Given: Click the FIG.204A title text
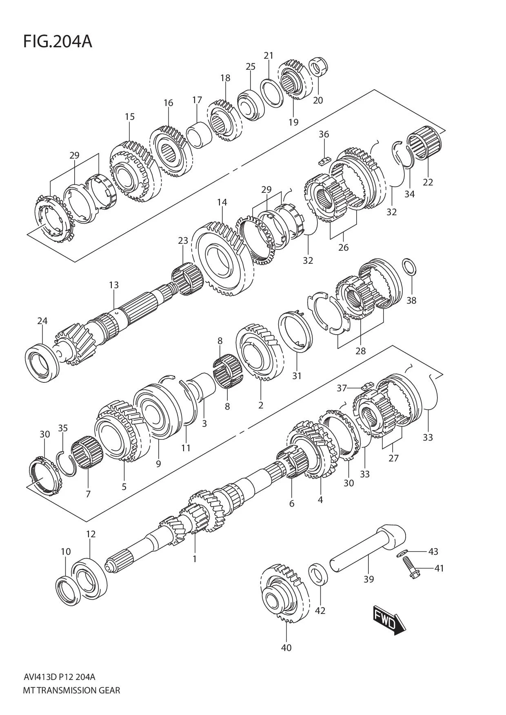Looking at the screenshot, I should pos(58,42).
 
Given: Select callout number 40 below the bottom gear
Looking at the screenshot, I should pos(286,647).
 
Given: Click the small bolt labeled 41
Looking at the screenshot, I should pos(408,567).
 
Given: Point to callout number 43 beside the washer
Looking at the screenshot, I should pos(433,552).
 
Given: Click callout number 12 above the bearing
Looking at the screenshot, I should pos(91,534).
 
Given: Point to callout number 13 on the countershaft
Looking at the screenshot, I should pos(114,285).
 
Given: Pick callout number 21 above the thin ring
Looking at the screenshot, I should pos(268,55).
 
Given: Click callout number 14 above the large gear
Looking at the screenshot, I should pos(222,202).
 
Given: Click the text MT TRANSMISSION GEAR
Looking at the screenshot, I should pos(71,691).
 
